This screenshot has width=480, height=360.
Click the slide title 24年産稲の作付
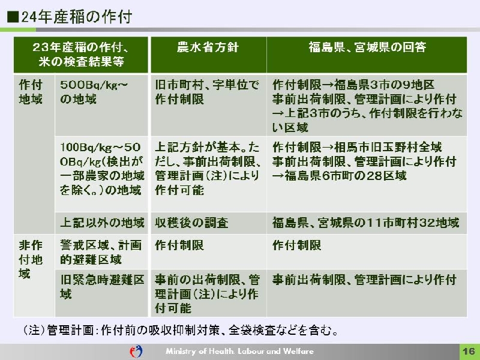pyautogui.click(x=77, y=17)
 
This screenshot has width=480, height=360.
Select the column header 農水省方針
pyautogui.click(x=208, y=47)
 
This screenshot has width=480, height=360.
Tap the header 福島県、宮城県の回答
pyautogui.click(x=367, y=47)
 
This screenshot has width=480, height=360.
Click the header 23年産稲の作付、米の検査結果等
pyautogui.click(x=81, y=55)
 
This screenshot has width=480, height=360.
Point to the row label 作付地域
pyautogui.click(x=31, y=92)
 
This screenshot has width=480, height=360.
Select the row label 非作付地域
pyautogui.click(x=31, y=259)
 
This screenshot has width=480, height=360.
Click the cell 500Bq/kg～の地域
pyautogui.click(x=94, y=92)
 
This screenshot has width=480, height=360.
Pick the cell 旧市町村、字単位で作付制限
pyautogui.click(x=207, y=92)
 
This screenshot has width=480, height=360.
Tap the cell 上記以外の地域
pyautogui.click(x=102, y=223)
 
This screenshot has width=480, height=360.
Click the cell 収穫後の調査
pyautogui.click(x=191, y=223)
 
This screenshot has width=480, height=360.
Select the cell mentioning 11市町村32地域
pyautogui.click(x=366, y=223)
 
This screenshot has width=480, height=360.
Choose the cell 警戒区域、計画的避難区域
pyautogui.click(x=101, y=252)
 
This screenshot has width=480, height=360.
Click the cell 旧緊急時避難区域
pyautogui.click(x=102, y=287)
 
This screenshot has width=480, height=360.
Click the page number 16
pyautogui.click(x=469, y=351)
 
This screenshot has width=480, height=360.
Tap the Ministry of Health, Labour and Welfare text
pyautogui.click(x=239, y=351)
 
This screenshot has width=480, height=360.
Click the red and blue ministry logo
pyautogui.click(x=136, y=351)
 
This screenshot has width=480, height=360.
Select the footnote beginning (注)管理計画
pyautogui.click(x=181, y=331)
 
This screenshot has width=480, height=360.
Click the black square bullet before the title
pyautogui.click(x=13, y=17)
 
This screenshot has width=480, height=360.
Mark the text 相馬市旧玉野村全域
pyautogui.click(x=388, y=147)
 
